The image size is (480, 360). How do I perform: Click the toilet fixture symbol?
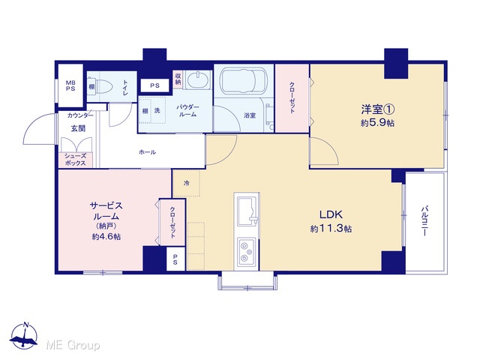[103, 86]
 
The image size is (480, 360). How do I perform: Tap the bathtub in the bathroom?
[243, 79]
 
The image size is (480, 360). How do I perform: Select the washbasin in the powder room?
[198, 80]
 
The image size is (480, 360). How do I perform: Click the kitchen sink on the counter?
[247, 211]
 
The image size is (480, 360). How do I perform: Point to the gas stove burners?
[247, 252]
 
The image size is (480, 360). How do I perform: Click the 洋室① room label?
[377, 109]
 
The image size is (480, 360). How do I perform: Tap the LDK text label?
[331, 214]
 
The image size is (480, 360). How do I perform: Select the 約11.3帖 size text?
[331, 229]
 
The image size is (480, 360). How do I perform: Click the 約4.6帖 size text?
[106, 237]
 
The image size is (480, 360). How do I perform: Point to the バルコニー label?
[424, 220]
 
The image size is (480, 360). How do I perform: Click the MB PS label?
[70, 86]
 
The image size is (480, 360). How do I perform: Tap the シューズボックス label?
[75, 160]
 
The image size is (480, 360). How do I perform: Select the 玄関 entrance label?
[78, 128]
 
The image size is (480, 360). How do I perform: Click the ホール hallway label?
[147, 152]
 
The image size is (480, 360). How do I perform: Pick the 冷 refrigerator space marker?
[187, 183]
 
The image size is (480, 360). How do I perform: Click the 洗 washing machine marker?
[157, 110]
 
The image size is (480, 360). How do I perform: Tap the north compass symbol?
[24, 335]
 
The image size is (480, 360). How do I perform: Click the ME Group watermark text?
[73, 345]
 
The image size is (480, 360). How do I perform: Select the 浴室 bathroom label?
[250, 115]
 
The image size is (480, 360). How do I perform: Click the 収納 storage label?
[178, 79]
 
